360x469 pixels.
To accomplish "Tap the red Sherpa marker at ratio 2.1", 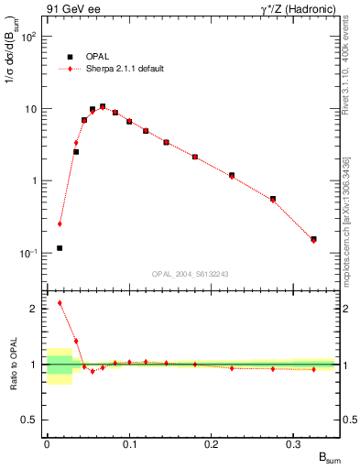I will coord(60,302).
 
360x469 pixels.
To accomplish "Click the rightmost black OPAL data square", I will coord(313,239).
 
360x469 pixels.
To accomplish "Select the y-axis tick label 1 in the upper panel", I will coord(36,181).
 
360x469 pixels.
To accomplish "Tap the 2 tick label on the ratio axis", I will coord(35,309).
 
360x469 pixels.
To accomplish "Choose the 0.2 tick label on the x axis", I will coord(212,443).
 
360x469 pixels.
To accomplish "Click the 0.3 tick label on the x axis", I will coord(294,443).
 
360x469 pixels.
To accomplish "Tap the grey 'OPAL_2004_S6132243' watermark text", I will coord(189,273).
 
